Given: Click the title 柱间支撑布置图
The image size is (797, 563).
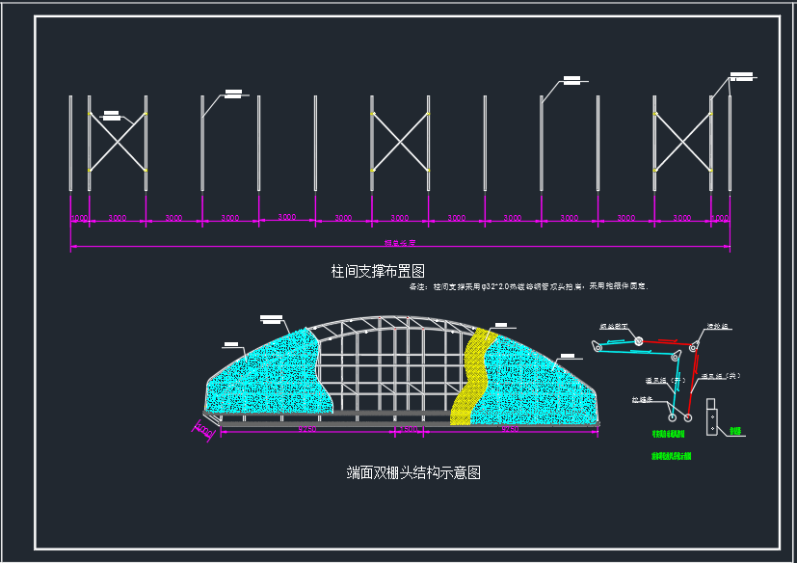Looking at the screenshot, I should click(378, 271).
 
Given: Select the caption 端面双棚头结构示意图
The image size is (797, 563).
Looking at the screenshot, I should click(413, 472).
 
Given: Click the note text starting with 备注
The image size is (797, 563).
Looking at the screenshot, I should click(528, 286).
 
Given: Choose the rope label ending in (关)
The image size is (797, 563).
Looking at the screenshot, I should click(721, 376).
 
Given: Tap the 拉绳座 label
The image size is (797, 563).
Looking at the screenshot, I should click(643, 398).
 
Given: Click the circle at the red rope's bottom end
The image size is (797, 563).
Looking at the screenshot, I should click(688, 418).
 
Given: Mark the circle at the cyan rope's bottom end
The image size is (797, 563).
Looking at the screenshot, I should click(672, 417).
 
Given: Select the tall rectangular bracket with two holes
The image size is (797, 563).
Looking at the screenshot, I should click(712, 416).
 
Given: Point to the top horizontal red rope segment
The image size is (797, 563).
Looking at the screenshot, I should click(665, 341).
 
